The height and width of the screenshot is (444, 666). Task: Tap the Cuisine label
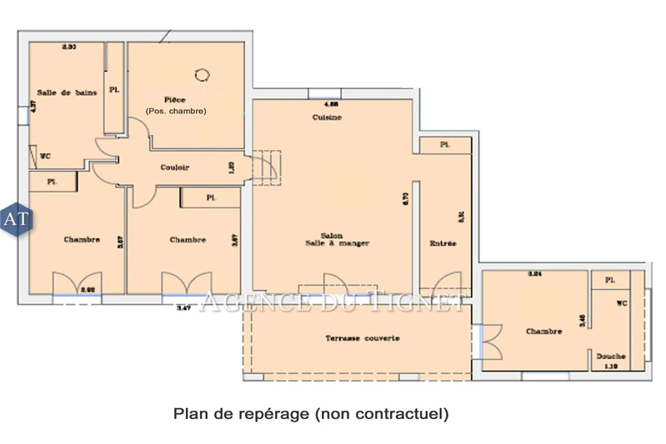pyautogui.click(x=327, y=117)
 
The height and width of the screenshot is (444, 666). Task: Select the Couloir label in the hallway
pyautogui.click(x=175, y=167)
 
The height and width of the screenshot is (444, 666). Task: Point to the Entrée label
pyautogui.click(x=442, y=243)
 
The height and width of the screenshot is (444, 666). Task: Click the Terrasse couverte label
pyautogui.click(x=362, y=338)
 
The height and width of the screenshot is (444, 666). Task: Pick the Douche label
pyautogui.click(x=610, y=356)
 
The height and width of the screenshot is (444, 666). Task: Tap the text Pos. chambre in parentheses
pyautogui.click(x=175, y=111)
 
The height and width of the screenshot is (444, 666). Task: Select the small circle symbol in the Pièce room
pyautogui.click(x=200, y=77)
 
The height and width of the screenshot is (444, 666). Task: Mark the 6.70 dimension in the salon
pyautogui.click(x=405, y=198)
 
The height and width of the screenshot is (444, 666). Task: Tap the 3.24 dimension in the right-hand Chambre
pyautogui.click(x=535, y=273)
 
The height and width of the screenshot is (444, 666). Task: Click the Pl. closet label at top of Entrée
pyautogui.click(x=444, y=145)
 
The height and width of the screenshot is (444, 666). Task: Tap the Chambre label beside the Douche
pyautogui.click(x=543, y=331)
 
